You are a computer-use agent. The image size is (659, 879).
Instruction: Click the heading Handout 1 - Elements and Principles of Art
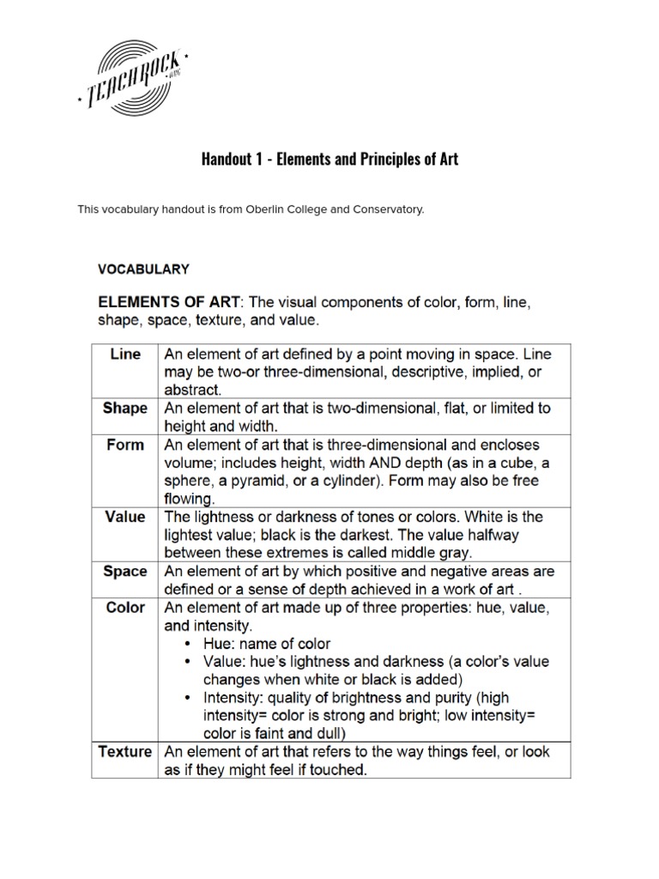pos(329,159)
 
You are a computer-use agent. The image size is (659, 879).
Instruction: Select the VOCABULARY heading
pos(143,269)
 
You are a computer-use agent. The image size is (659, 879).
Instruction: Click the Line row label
pos(125,354)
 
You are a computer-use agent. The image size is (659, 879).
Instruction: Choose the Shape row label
pos(125,408)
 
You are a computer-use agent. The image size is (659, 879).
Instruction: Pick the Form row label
pos(125,445)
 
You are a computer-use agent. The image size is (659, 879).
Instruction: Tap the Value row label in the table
pos(125,517)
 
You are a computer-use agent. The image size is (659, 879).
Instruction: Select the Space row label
pos(125,571)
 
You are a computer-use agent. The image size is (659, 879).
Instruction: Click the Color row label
pos(125,607)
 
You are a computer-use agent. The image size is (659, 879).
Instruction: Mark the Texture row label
pos(125,752)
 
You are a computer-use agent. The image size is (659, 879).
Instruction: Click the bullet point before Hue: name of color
pos(190,644)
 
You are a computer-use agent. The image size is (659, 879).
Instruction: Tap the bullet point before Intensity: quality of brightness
pos(190,698)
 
